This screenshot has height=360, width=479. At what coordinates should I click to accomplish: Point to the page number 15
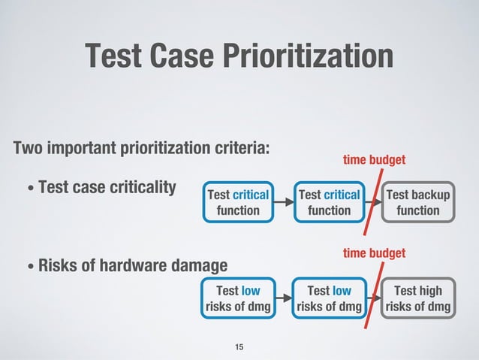point(239,346)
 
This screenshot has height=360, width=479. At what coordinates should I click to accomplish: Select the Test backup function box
point(418,203)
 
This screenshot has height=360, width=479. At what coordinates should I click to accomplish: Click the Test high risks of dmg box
point(418,298)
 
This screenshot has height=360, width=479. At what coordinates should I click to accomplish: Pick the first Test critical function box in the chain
point(238,203)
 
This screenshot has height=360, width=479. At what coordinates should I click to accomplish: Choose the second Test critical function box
point(329,203)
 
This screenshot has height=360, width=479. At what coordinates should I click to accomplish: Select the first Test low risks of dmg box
point(238,298)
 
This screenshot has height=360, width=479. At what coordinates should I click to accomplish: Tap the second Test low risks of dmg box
point(329,298)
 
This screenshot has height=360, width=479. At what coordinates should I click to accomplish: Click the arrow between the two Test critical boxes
point(283,203)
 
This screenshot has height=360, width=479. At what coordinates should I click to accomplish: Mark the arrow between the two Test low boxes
point(283,298)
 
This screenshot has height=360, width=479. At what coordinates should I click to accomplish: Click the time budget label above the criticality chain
point(374,160)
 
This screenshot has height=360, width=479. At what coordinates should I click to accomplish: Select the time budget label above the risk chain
point(374,253)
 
